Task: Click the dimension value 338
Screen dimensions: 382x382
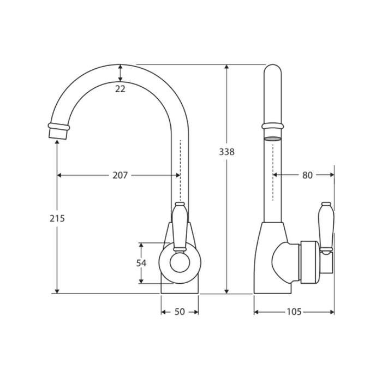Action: [x=227, y=152]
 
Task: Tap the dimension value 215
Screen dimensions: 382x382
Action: [x=57, y=218]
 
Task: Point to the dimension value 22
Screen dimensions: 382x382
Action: [x=120, y=89]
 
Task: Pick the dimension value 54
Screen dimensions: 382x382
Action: [x=141, y=263]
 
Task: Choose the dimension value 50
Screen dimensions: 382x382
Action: [x=180, y=312]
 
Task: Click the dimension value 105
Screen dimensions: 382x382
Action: [x=294, y=312]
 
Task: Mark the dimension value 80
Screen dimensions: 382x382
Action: [x=307, y=175]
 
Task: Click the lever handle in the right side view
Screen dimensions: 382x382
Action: [x=326, y=226]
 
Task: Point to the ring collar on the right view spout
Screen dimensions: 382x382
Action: [x=273, y=126]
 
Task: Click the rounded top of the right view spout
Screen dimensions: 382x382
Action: [x=273, y=69]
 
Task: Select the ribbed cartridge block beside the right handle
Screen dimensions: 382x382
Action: [x=309, y=262]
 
